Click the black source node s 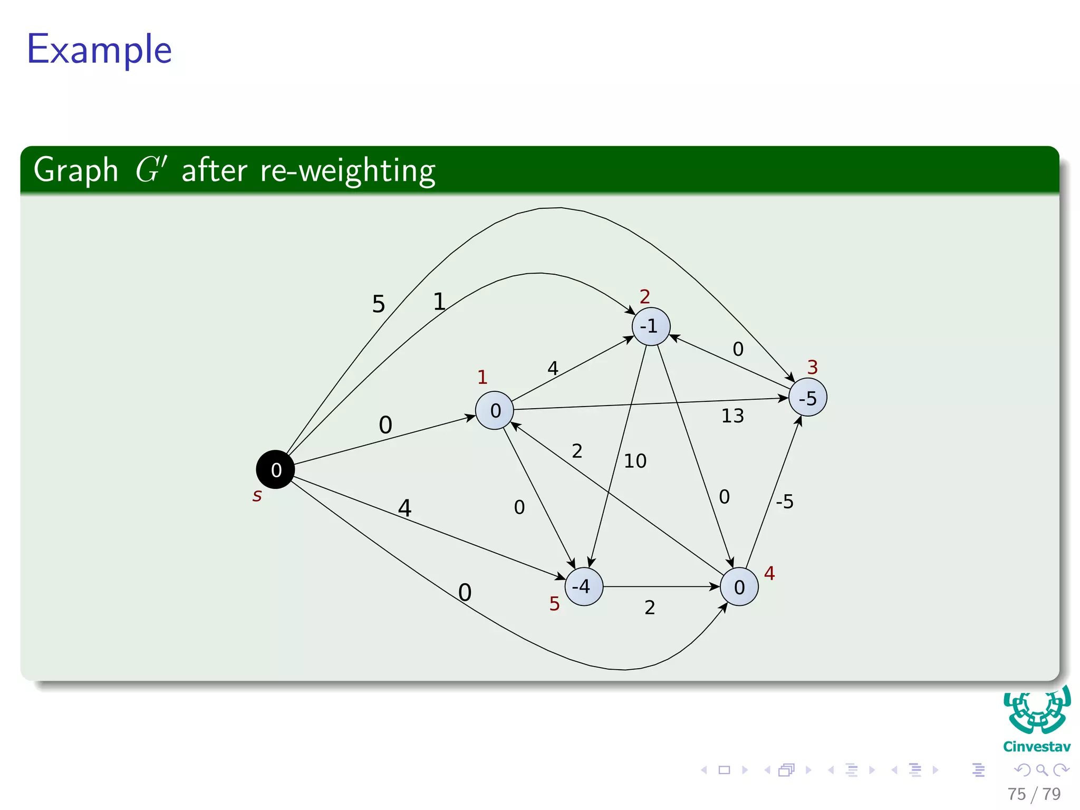pos(275,469)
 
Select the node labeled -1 pos(651,326)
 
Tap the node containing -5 pos(807,397)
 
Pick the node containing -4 pos(583,586)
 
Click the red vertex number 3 pos(812,367)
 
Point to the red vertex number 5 pos(554,603)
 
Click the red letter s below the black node pos(257,496)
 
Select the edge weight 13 pos(732,416)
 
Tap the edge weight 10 pos(635,461)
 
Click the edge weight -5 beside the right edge pos(784,501)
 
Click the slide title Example pos(99,50)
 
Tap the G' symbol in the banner pos(151,169)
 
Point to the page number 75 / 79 pos(1034,794)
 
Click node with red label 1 pos(495,410)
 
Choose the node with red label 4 pos(739,586)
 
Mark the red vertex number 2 pos(644,296)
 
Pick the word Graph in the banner pos(76,170)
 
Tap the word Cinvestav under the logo pos(1036,747)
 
